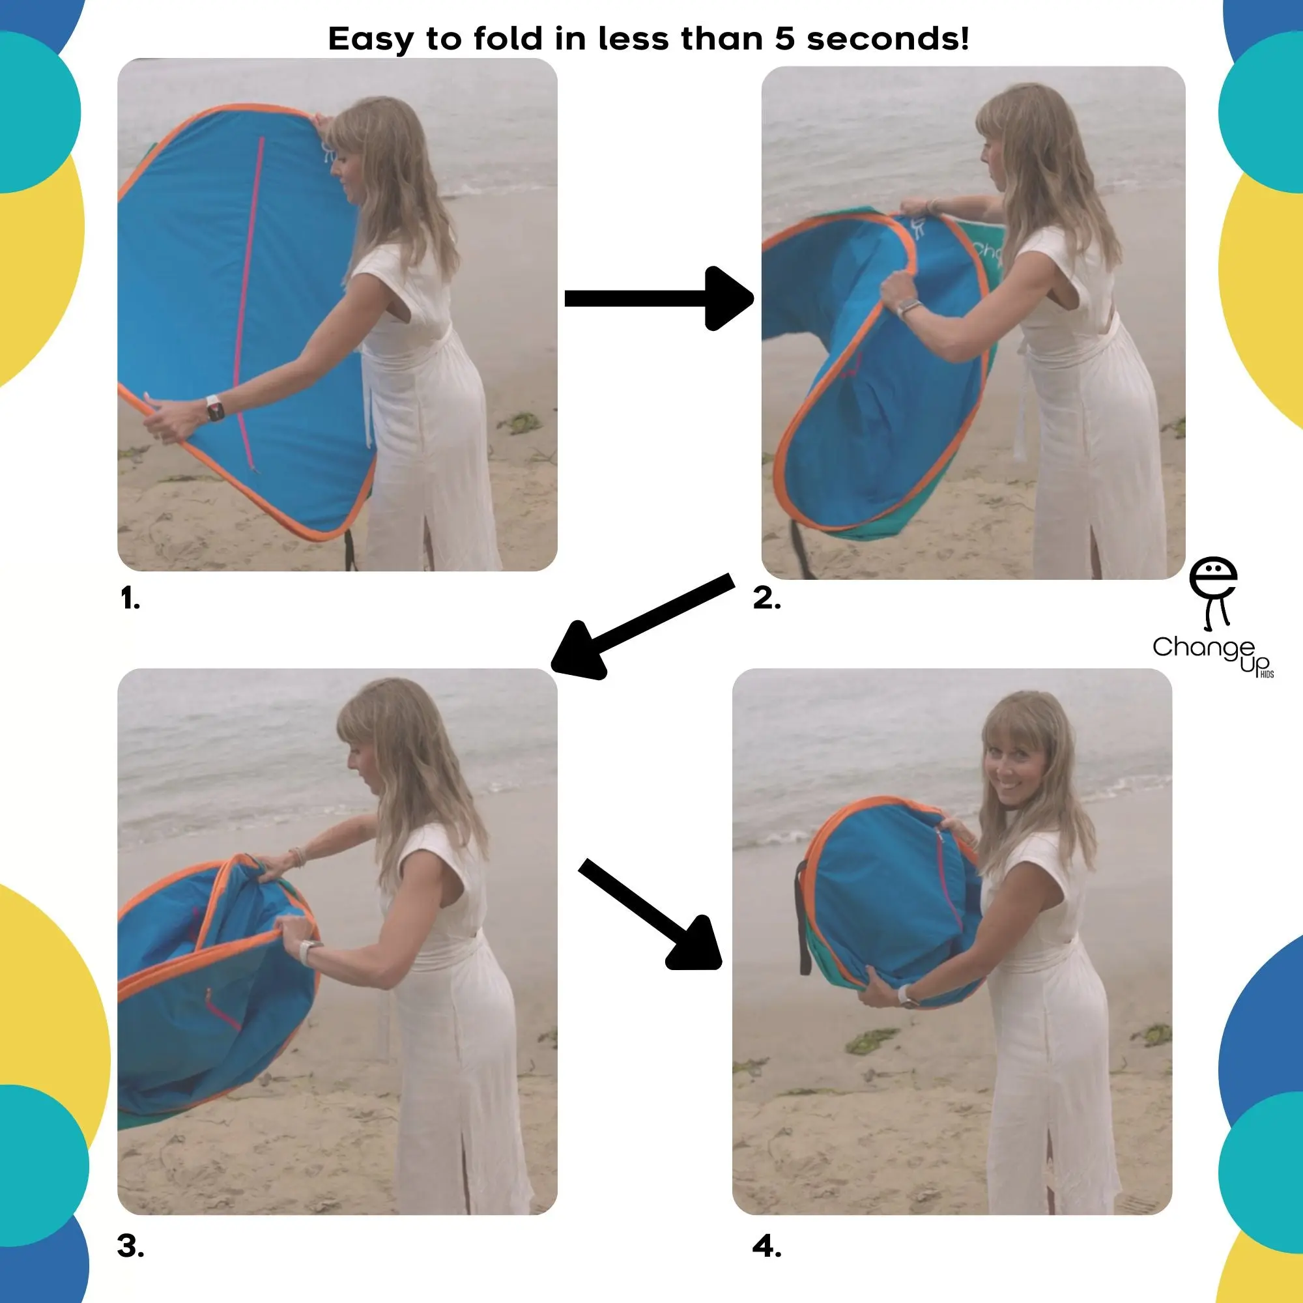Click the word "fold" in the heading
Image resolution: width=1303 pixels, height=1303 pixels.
(507, 38)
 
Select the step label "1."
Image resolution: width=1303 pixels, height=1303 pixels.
(130, 598)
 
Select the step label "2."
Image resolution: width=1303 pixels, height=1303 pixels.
(767, 598)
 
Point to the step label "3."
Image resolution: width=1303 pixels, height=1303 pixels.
(130, 1246)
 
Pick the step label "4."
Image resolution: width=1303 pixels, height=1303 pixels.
(767, 1246)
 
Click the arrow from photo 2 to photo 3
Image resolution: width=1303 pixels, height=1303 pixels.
(642, 626)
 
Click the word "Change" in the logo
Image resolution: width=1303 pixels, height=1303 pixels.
(1203, 648)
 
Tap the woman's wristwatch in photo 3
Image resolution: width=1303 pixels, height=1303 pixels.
(308, 952)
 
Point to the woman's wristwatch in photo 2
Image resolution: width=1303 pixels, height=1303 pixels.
(909, 309)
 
